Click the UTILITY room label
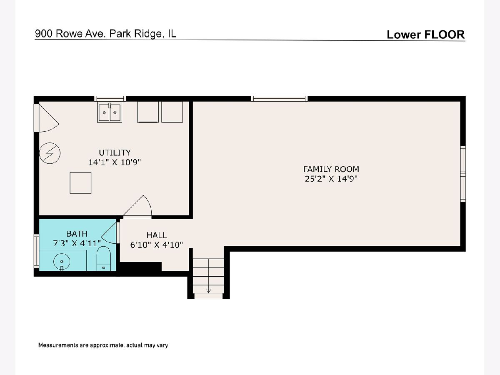click(115, 152)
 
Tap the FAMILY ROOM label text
click(331, 169)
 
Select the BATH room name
click(77, 234)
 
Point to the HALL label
click(157, 235)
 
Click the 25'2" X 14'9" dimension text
click(331, 179)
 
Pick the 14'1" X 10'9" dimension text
click(115, 162)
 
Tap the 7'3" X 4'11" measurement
click(77, 243)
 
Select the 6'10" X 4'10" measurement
click(157, 245)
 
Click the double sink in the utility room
click(110, 112)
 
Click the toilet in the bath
click(104, 258)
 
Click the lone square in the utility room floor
click(80, 183)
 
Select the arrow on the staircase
click(208, 291)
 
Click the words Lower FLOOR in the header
click(426, 35)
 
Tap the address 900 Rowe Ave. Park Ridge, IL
click(105, 34)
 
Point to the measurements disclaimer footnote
click(103, 345)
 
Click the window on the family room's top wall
click(279, 99)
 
